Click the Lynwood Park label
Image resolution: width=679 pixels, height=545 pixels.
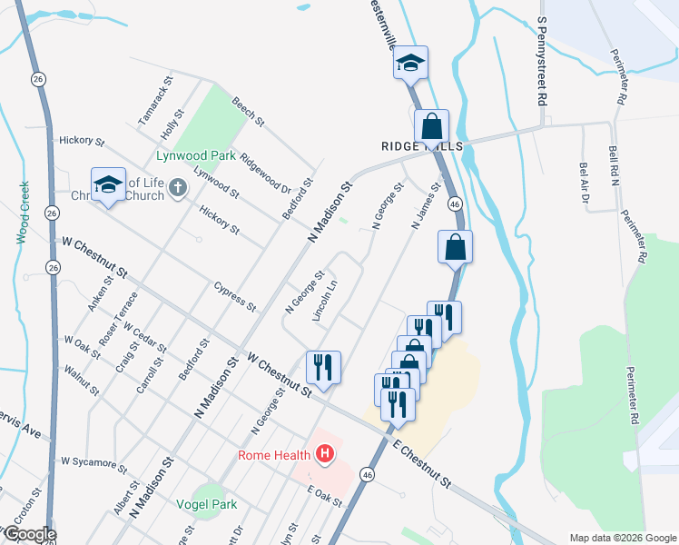coord(196,155)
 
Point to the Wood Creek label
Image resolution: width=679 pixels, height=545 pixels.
coord(24,213)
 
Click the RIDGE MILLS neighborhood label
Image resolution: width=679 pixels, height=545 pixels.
coord(423,146)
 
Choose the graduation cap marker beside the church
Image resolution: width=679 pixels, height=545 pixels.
coord(107,184)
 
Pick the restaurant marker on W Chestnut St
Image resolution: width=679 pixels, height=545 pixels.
coord(323,367)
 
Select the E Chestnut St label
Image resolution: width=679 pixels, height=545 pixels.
coord(421,464)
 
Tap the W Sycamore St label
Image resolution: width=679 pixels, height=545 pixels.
coord(93,463)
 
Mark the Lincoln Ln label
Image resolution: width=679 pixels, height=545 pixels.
coord(324,300)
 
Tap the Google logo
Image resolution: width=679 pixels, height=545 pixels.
coord(29,535)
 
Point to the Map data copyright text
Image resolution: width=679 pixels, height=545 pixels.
coord(622,538)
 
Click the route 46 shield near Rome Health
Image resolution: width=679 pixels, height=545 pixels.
coord(367,474)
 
